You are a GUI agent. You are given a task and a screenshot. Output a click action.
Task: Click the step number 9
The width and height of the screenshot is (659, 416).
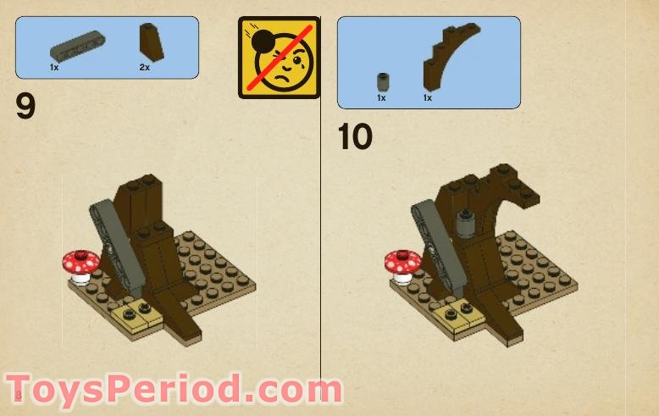click(x=25, y=106)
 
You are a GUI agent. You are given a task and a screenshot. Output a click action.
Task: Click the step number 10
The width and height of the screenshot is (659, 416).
click(x=355, y=136)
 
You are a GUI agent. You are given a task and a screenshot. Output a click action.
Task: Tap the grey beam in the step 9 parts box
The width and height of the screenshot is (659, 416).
click(x=78, y=47)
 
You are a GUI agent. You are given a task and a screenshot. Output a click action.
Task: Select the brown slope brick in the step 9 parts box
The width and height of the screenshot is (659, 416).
click(x=152, y=42)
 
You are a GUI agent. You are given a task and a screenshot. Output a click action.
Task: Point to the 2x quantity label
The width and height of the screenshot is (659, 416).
click(x=145, y=67)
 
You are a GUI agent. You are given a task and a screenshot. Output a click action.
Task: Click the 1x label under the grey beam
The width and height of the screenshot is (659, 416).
click(x=54, y=67)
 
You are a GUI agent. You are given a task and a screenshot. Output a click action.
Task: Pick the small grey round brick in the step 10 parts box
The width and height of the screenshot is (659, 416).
click(x=383, y=82)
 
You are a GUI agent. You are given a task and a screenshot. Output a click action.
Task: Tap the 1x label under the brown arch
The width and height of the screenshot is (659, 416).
click(x=428, y=98)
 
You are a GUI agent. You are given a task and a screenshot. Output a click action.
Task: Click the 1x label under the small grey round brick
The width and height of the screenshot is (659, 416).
click(x=381, y=98)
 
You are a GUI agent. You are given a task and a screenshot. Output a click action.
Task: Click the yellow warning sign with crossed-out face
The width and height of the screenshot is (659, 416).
click(x=279, y=58)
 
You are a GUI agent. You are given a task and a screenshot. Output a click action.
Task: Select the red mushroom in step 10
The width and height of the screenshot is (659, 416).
click(x=402, y=267)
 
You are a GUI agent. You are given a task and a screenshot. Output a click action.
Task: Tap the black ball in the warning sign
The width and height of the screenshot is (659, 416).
click(x=263, y=42)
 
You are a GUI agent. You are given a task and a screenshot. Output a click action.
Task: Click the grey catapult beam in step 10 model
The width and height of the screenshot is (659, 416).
click(x=437, y=246)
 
